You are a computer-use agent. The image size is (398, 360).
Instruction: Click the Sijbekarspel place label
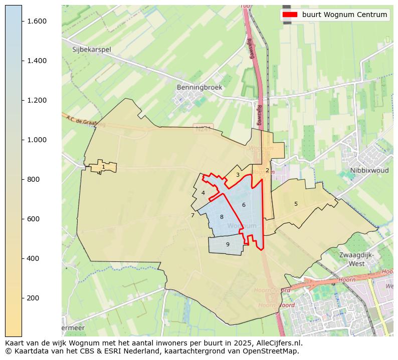91,50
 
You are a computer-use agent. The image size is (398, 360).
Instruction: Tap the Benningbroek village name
199,87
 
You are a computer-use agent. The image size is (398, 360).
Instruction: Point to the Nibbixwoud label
369,170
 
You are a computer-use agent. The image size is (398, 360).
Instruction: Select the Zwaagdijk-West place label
356,259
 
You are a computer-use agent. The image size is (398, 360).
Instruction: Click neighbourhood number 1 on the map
103,167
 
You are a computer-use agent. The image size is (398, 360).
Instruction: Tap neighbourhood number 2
267,170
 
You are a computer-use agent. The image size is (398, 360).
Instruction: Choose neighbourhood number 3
238,175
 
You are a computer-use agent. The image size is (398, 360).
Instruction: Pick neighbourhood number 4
203,193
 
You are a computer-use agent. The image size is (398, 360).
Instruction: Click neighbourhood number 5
296,204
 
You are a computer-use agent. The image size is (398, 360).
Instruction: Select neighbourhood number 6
244,205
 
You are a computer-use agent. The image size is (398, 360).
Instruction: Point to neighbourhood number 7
192,216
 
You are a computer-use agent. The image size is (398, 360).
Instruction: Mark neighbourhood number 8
222,217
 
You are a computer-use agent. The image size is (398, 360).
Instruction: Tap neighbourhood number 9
228,244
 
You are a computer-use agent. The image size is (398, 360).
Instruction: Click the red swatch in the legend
290,15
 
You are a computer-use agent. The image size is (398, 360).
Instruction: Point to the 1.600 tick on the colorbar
37,21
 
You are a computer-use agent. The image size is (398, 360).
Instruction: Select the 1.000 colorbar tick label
37,140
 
